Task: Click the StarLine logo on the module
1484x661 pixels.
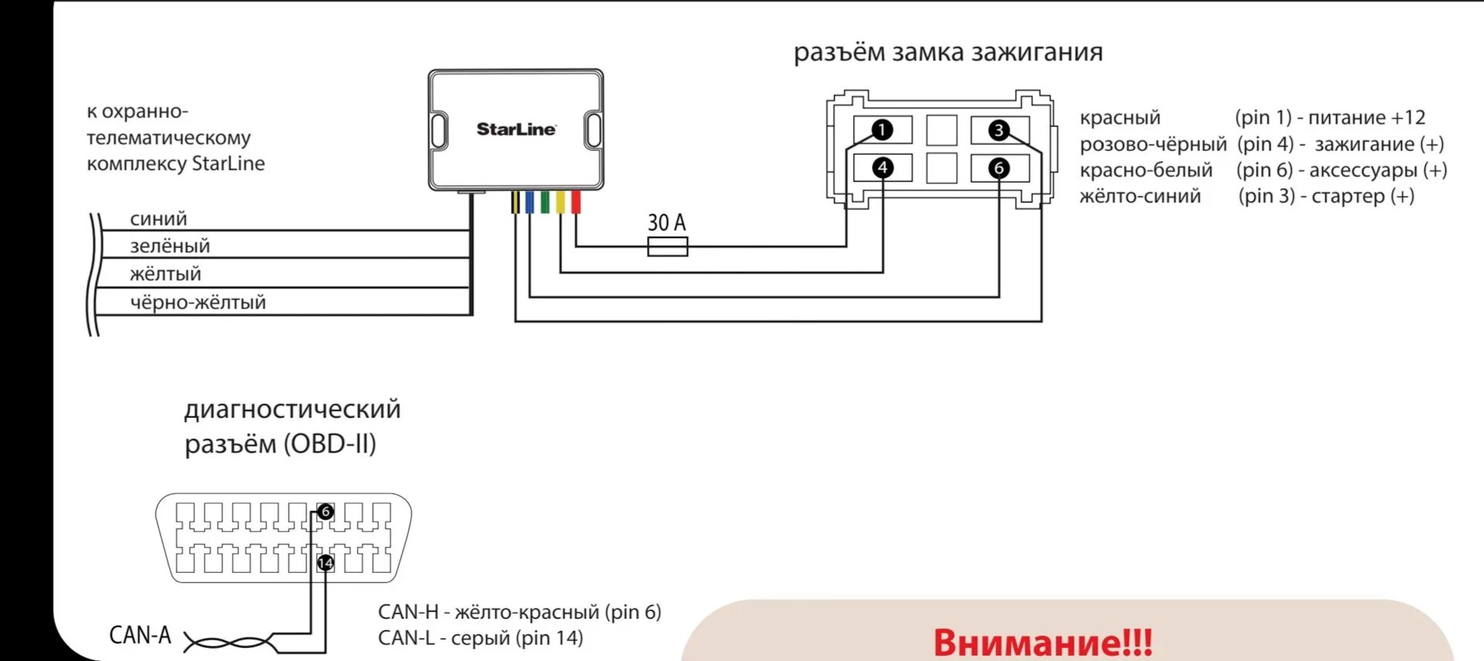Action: click(516, 129)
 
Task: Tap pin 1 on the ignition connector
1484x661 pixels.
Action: click(882, 130)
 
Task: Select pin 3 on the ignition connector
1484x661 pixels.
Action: click(999, 130)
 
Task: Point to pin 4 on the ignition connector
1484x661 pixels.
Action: click(882, 168)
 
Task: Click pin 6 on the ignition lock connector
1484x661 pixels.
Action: click(999, 168)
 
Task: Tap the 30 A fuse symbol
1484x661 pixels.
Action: click(667, 247)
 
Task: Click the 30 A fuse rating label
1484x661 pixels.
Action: click(666, 223)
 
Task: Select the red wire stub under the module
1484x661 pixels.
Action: click(576, 203)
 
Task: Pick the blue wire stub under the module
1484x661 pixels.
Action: click(529, 203)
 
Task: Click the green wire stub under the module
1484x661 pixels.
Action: click(545, 203)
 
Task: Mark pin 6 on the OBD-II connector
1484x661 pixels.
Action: click(325, 512)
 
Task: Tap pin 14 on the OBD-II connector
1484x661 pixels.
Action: click(325, 563)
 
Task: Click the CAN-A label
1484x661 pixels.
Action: click(140, 635)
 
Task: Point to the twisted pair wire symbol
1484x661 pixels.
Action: click(229, 642)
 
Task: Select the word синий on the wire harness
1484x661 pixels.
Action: click(158, 219)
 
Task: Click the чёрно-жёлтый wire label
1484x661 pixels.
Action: click(198, 302)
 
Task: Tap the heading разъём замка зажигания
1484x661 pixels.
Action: click(948, 53)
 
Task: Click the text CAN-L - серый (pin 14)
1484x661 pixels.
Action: click(480, 638)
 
